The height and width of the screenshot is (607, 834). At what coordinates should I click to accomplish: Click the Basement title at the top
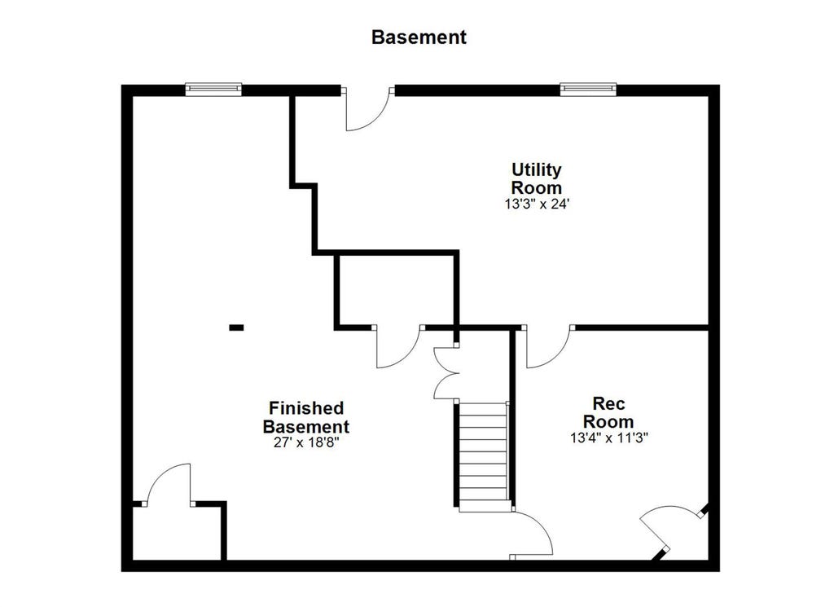pyautogui.click(x=419, y=37)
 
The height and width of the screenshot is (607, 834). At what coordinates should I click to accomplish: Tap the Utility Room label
pyautogui.click(x=536, y=178)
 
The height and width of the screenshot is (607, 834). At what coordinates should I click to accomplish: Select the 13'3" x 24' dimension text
pyautogui.click(x=537, y=204)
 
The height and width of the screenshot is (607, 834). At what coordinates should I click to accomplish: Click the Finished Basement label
pyautogui.click(x=306, y=417)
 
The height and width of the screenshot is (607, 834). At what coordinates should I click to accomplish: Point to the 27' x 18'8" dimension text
pyautogui.click(x=306, y=442)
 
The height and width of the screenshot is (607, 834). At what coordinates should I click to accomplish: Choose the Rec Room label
pyautogui.click(x=608, y=412)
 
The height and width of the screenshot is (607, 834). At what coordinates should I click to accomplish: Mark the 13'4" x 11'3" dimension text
pyautogui.click(x=608, y=438)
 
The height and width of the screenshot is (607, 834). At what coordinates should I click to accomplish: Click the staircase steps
pyautogui.click(x=483, y=457)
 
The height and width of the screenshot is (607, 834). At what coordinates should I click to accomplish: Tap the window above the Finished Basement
pyautogui.click(x=213, y=89)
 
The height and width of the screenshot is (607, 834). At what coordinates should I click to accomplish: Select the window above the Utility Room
pyautogui.click(x=588, y=89)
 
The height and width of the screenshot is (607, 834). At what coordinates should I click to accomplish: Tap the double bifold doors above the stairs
pyautogui.click(x=445, y=372)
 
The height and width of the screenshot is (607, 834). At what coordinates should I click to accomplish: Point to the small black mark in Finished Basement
pyautogui.click(x=236, y=328)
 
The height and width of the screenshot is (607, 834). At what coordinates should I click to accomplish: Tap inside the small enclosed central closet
pyautogui.click(x=396, y=291)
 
